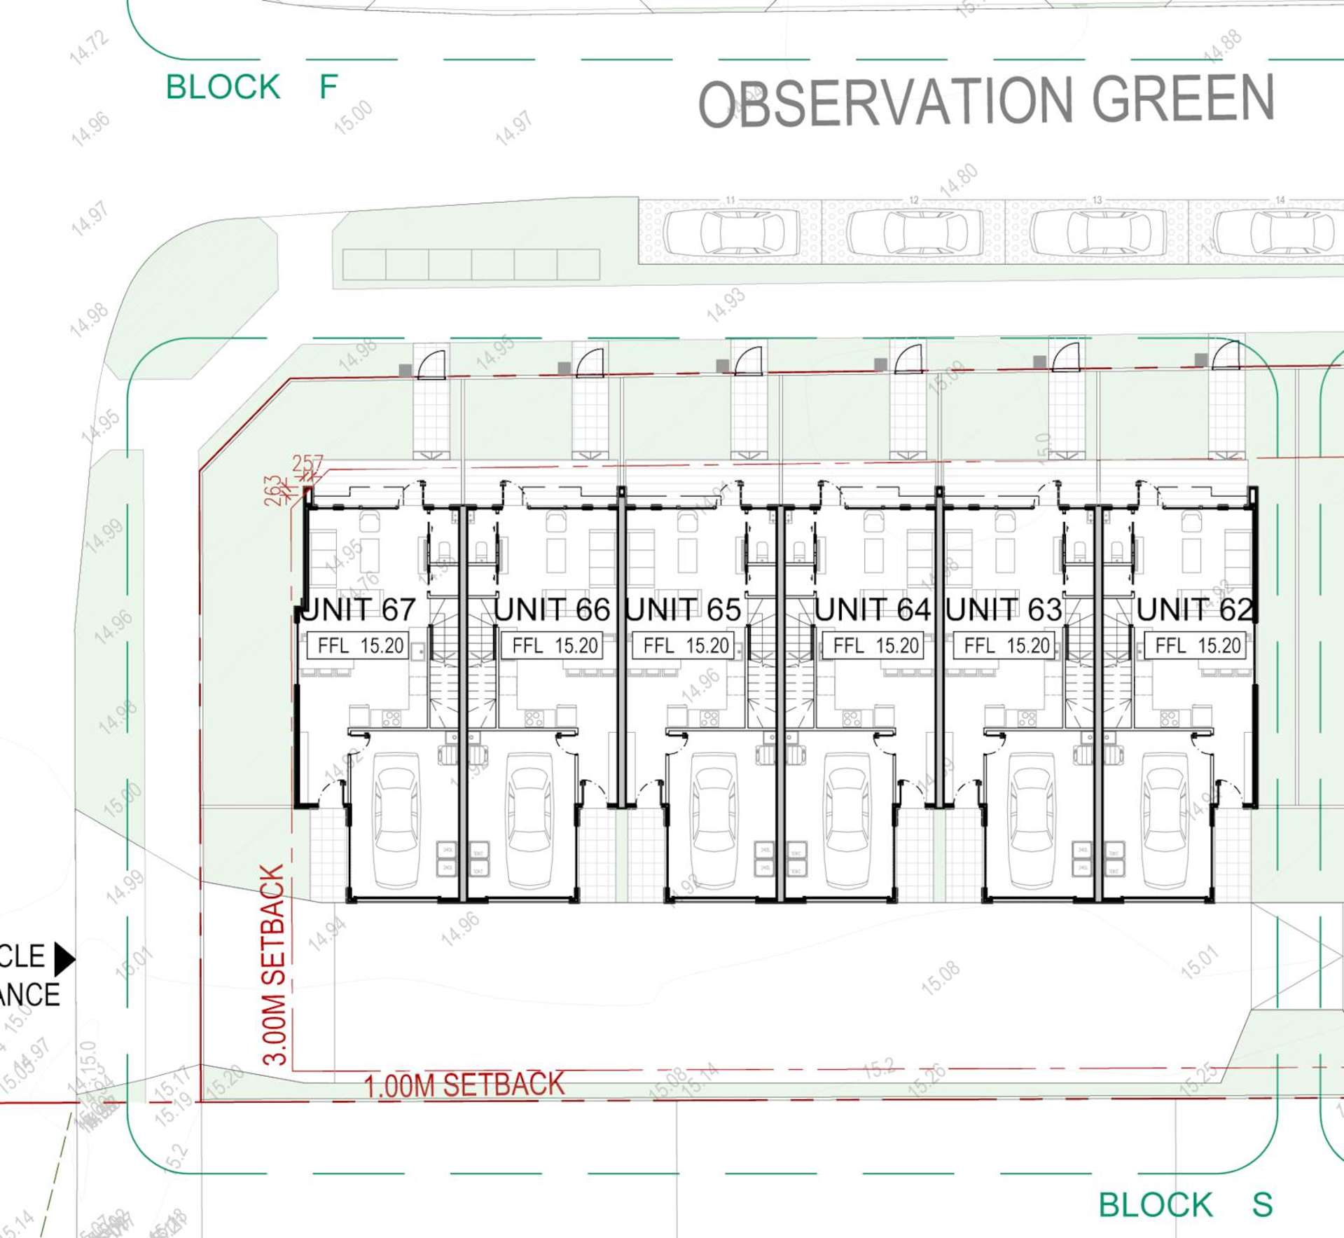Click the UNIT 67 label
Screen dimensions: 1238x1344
point(360,610)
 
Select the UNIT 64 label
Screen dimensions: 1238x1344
point(872,610)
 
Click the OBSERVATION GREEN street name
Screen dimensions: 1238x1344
point(986,102)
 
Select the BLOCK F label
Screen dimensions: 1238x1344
point(251,88)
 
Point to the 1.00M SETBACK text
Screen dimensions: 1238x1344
point(464,1085)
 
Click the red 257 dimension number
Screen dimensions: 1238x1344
point(308,463)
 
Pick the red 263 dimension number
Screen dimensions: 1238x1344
point(272,490)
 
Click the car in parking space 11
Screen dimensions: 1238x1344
point(731,232)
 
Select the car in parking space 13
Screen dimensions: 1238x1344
point(1097,232)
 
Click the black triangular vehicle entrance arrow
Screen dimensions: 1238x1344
point(64,959)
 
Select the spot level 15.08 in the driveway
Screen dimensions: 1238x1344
point(940,979)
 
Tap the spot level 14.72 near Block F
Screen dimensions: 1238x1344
point(90,48)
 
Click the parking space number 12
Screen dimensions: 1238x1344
point(913,200)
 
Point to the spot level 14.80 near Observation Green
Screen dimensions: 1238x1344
point(958,180)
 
